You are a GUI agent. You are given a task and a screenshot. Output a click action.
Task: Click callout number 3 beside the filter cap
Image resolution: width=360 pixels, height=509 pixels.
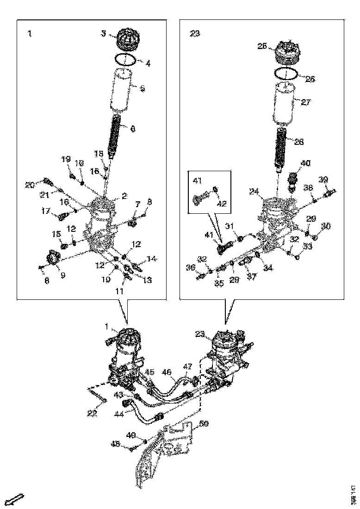pos(104,33)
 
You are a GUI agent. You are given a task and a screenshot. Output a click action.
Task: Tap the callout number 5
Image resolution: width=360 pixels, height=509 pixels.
pos(143,87)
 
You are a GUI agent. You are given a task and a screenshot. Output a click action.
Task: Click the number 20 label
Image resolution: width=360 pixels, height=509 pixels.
pos(30,185)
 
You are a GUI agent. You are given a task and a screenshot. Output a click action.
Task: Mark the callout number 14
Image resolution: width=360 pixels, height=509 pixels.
pos(151,259)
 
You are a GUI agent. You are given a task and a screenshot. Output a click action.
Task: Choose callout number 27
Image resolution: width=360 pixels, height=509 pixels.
pos(306,102)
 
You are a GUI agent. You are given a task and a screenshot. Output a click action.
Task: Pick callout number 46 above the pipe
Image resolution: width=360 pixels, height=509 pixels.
pos(166,371)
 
